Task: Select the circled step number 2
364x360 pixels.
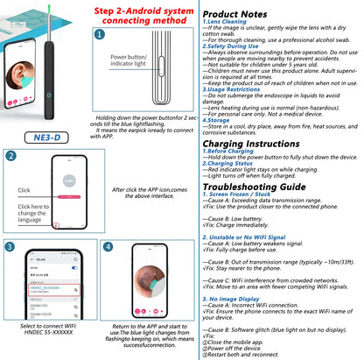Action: [x=10, y=157]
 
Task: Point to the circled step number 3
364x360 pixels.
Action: [x=10, y=247]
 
